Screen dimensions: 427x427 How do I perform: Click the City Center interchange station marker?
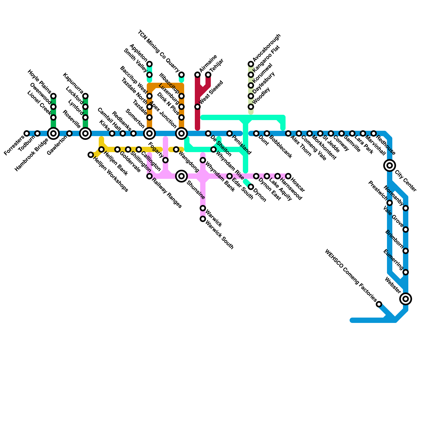point(390,165)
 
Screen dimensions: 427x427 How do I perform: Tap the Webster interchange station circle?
point(406,299)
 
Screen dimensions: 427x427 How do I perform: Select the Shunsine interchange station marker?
point(181,176)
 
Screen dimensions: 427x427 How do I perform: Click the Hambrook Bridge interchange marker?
point(53,133)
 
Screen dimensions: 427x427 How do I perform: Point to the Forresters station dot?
point(27,133)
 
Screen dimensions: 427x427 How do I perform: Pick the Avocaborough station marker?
point(251,64)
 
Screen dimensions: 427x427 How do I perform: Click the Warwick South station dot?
point(203,219)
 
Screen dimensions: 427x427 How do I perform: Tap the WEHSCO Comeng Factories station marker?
point(379,304)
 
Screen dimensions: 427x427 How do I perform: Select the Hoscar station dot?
point(288,176)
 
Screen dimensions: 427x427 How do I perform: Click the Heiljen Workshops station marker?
point(91,155)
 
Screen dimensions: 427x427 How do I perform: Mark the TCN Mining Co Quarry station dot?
point(181,74)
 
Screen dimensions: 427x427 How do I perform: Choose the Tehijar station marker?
point(208,75)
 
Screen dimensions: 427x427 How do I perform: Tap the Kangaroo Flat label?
point(266,59)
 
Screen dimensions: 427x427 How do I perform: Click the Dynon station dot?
point(251,187)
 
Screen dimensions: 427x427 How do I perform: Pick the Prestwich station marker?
point(390,203)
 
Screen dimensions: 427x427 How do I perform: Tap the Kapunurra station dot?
point(85,96)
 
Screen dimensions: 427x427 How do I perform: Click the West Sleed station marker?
point(197,107)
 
